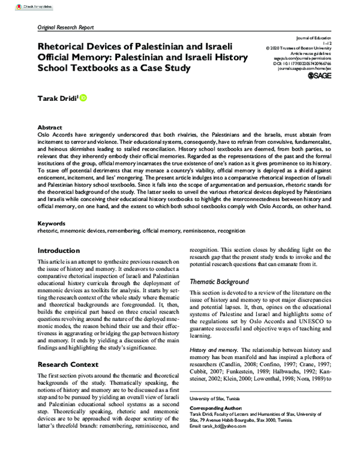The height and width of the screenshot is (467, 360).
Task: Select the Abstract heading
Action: point(50,128)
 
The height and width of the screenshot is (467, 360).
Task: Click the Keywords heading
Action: point(52,222)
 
